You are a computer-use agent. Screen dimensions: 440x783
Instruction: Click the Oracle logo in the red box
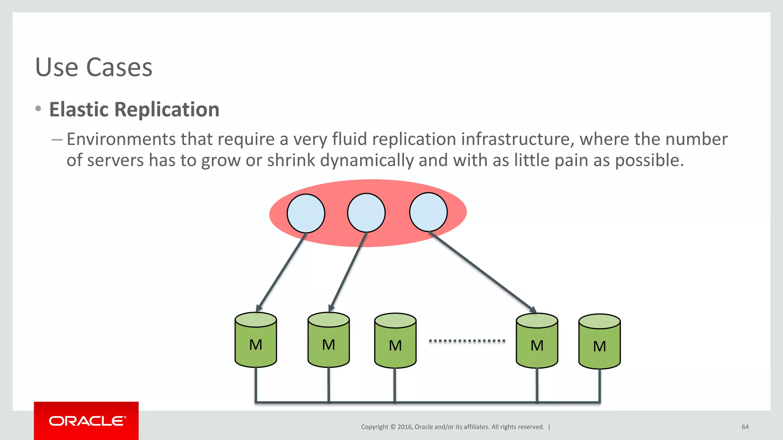point(87,421)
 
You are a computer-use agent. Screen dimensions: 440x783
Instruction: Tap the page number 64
point(745,427)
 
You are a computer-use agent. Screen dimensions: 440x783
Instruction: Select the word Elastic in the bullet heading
point(79,110)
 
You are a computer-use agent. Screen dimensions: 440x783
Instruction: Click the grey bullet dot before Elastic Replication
point(38,109)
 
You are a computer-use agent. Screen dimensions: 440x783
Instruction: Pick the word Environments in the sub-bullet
point(121,139)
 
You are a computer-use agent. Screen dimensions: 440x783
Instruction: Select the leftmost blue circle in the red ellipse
point(306,213)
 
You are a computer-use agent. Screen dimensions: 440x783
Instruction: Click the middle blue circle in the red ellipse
point(366,213)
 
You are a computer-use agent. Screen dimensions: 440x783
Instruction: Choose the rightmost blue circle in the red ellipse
point(428,212)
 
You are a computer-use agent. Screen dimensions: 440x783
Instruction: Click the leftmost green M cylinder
point(256,340)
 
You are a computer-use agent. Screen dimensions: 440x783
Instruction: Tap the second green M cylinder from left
point(328,340)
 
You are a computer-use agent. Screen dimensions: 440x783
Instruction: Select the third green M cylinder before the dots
point(395,341)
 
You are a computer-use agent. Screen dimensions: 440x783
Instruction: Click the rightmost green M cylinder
point(599,341)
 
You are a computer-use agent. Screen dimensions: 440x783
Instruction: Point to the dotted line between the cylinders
point(467,341)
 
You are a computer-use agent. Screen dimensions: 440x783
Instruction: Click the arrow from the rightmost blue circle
point(484,272)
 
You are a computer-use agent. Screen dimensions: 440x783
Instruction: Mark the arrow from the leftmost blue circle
point(281,272)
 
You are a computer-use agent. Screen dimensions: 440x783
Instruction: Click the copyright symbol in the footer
point(393,427)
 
